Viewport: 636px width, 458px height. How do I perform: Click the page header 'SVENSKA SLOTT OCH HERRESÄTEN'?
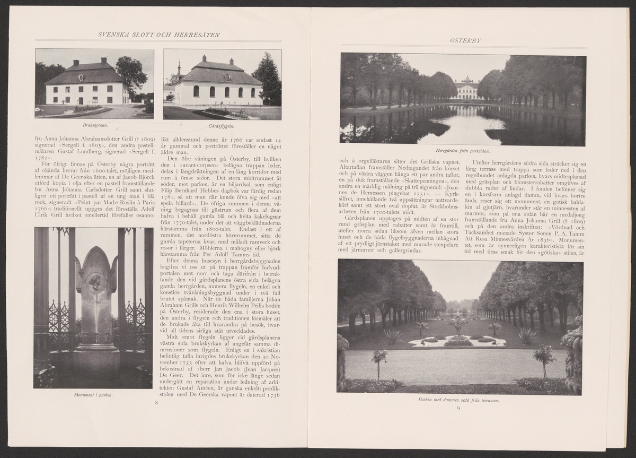click(x=160, y=35)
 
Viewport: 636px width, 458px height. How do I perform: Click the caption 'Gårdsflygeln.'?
click(x=222, y=127)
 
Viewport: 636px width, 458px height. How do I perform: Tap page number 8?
click(x=156, y=403)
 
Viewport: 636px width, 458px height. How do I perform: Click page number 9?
click(x=458, y=408)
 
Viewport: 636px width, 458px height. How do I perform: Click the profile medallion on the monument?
click(x=96, y=281)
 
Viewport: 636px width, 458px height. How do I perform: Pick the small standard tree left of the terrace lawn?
click(x=379, y=359)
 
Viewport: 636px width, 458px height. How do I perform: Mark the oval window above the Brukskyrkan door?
click(x=81, y=78)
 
